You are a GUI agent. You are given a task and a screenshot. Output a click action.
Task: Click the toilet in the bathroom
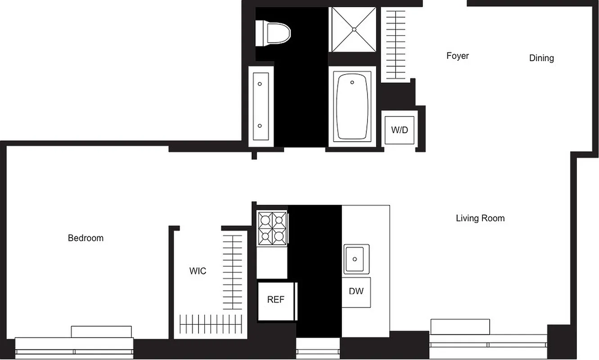point(273,33)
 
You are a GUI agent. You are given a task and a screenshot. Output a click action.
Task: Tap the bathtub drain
point(352,82)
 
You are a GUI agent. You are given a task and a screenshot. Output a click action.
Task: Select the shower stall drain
point(354,30)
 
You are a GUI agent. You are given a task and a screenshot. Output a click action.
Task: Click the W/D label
point(399,130)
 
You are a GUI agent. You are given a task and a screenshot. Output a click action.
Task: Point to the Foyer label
point(457,56)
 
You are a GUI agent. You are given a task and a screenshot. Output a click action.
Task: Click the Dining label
point(541,58)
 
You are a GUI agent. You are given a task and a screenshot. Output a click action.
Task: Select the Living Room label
point(480,218)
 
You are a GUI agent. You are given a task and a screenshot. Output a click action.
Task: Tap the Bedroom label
point(86,238)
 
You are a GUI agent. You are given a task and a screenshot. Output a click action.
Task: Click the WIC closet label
point(198,271)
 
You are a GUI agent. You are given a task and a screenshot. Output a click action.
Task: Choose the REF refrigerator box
point(276,300)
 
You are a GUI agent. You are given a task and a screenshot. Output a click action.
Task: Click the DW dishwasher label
point(356,291)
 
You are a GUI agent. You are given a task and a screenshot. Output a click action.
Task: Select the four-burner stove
point(272,229)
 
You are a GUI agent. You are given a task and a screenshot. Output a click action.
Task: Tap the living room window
point(488,346)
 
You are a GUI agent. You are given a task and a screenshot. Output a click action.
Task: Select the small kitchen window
point(318,349)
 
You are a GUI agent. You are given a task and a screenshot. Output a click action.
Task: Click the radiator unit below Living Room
point(460,326)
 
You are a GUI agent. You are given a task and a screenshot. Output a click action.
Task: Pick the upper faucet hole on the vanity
point(260,84)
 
